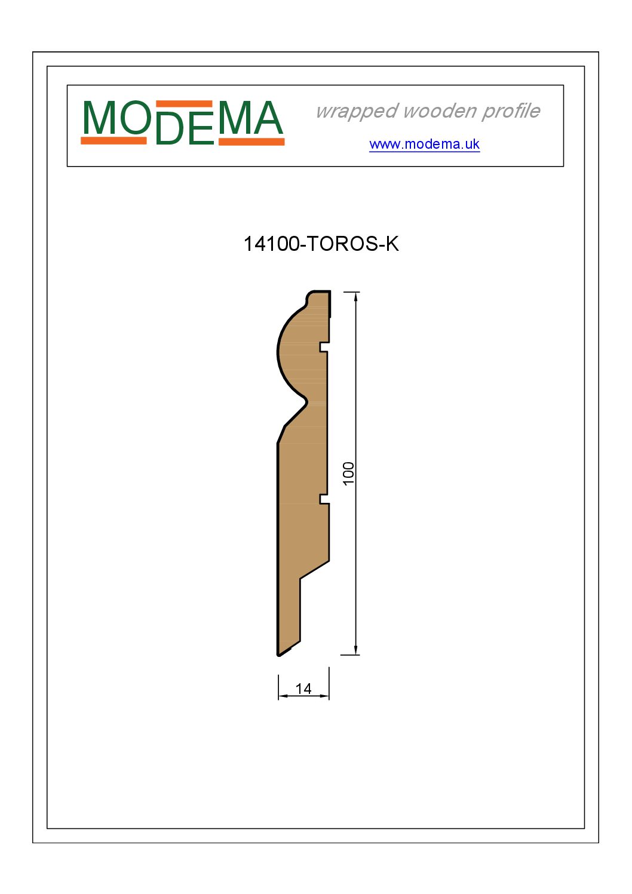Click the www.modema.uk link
(424, 144)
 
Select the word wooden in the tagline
(440, 110)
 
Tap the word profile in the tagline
(511, 111)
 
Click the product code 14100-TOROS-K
(321, 244)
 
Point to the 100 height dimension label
(348, 474)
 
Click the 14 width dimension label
(303, 689)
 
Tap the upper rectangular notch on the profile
(324, 347)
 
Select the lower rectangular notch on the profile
(324, 499)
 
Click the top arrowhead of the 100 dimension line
(355, 296)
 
